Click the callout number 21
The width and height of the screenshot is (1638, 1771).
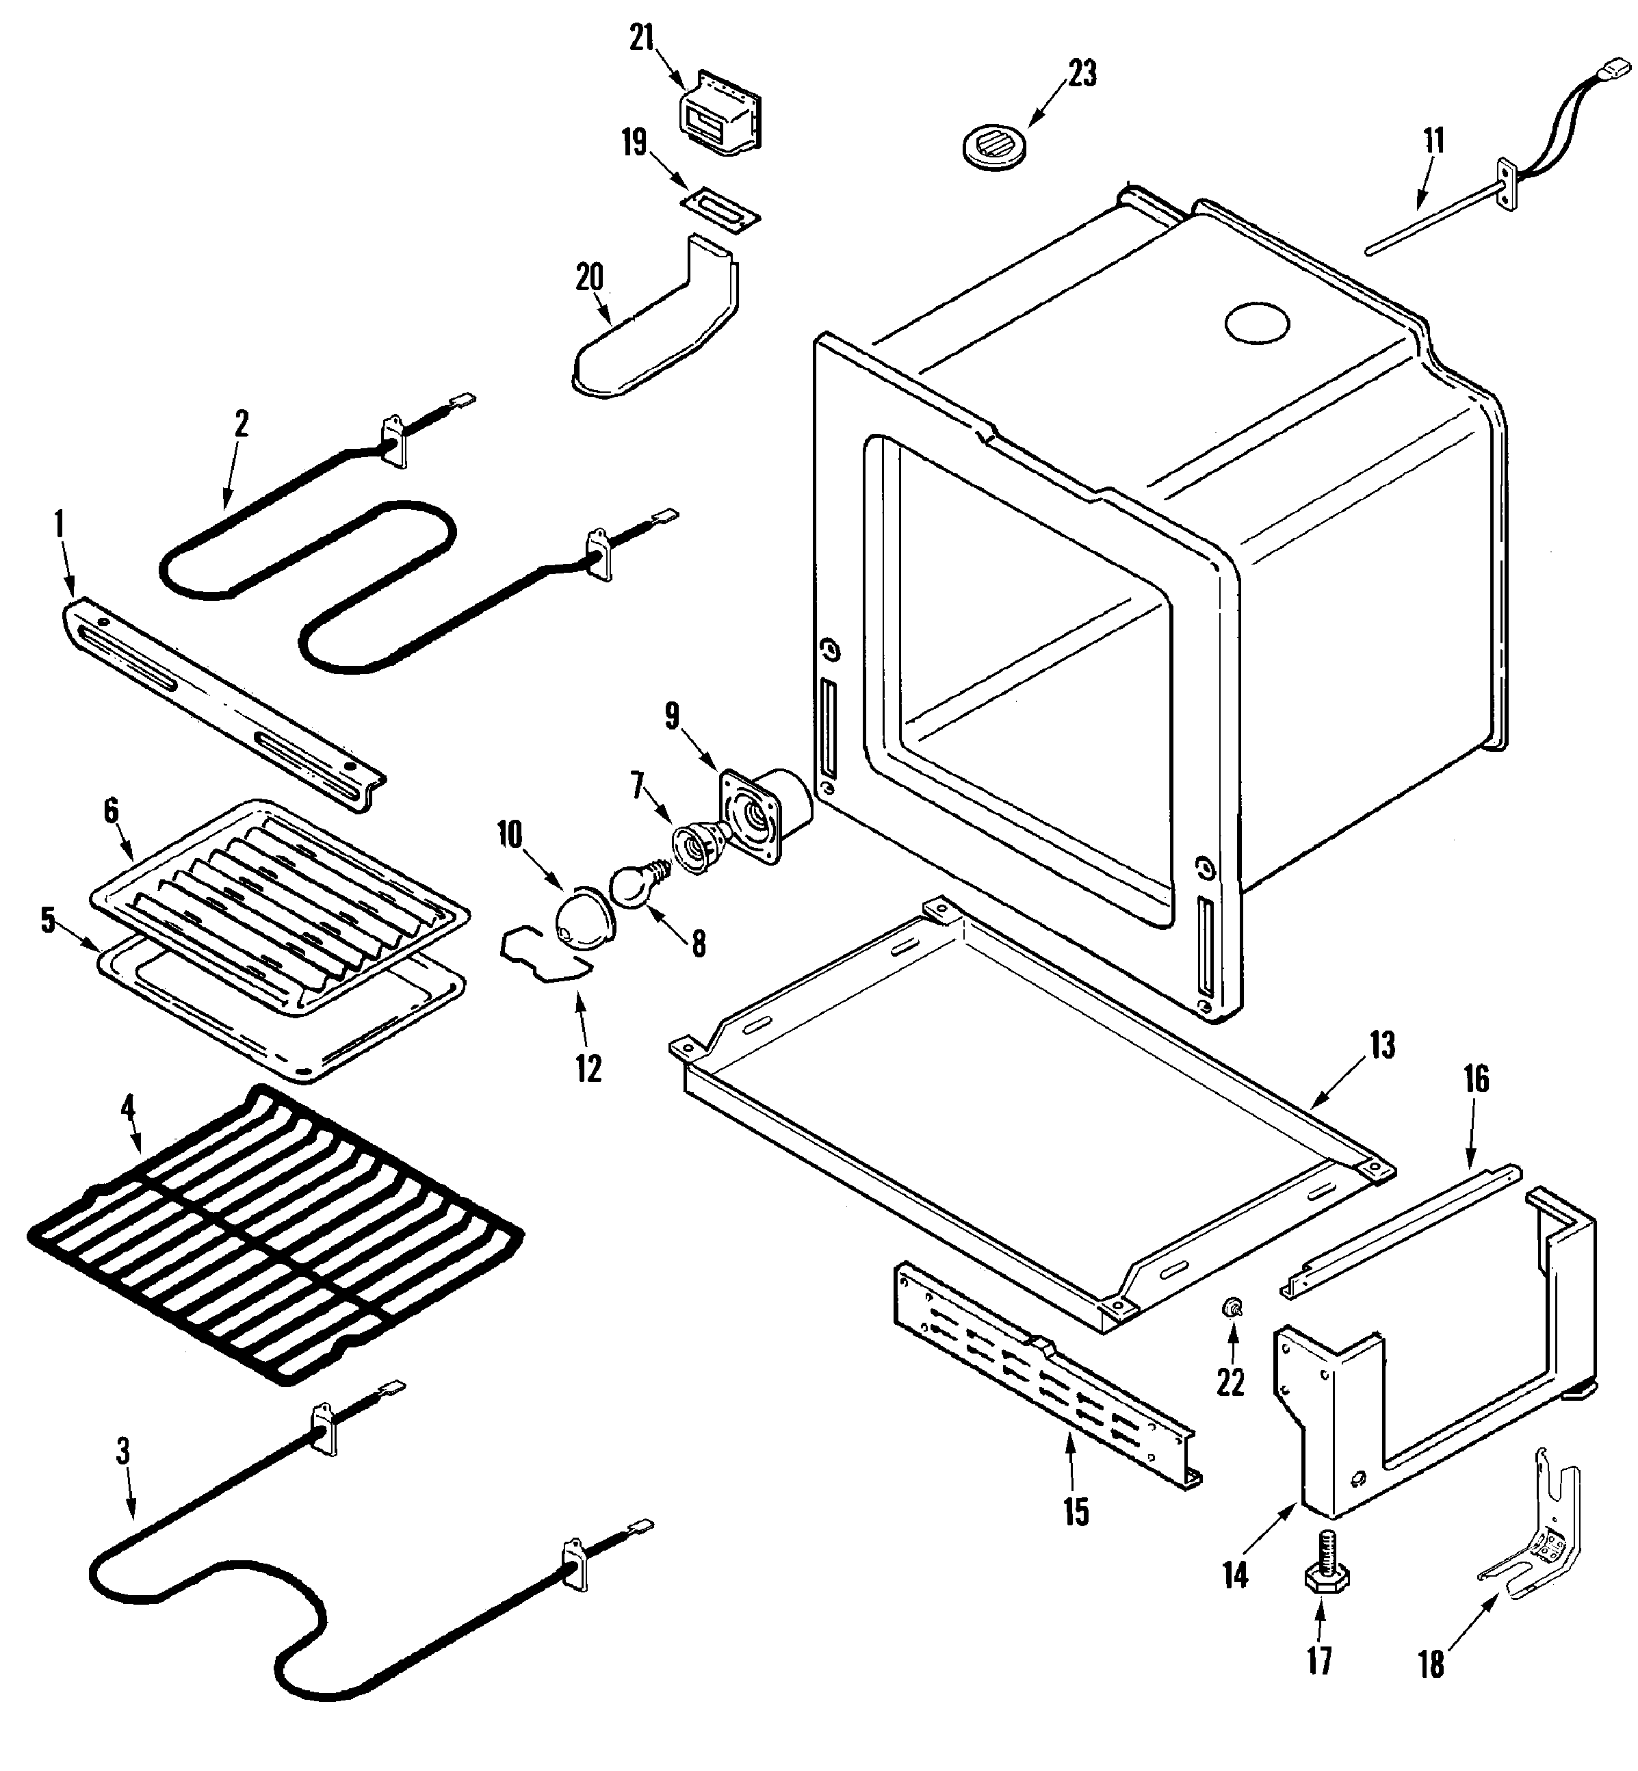642,38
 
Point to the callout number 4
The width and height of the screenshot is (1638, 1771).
128,1108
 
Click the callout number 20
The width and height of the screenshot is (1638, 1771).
589,277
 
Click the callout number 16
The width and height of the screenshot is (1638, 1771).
1476,1080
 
